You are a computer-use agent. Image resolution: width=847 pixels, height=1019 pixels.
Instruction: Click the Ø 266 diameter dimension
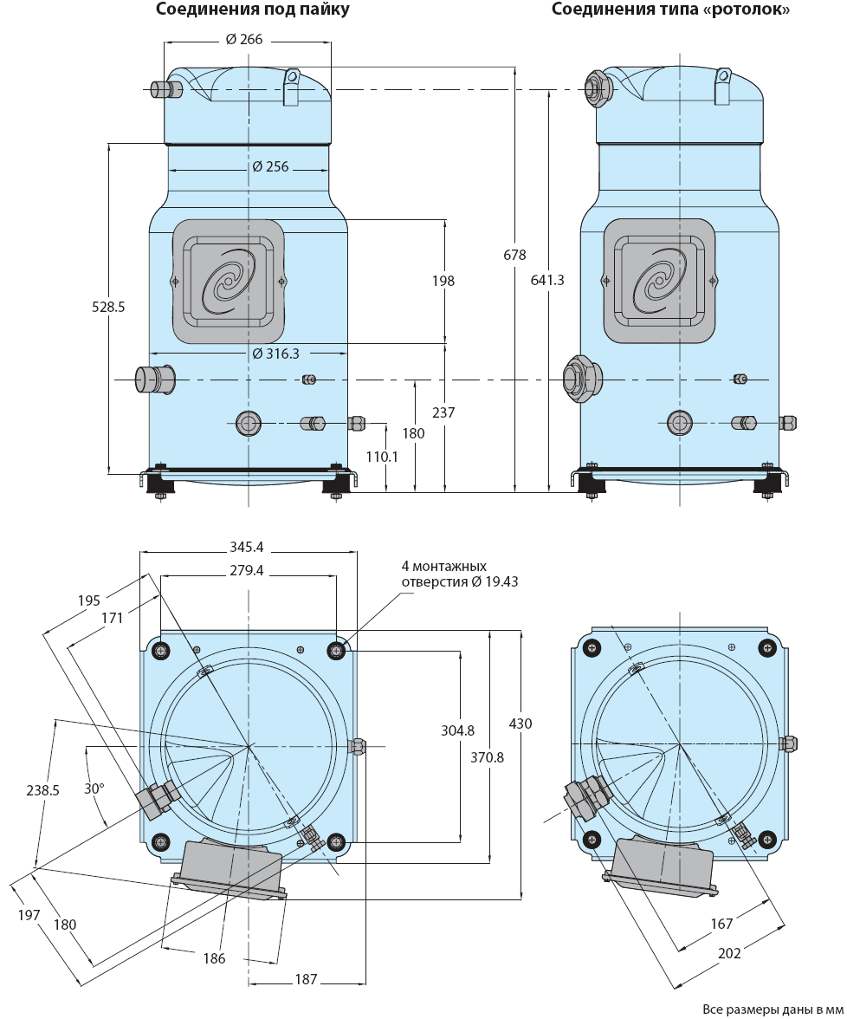[x=244, y=40]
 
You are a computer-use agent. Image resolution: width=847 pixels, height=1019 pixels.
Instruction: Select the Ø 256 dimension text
[x=270, y=167]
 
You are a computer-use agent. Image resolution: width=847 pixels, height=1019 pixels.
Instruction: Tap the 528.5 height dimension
[x=107, y=307]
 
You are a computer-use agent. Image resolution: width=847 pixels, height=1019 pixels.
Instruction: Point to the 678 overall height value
[x=514, y=255]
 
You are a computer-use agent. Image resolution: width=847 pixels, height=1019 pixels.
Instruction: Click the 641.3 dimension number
[x=547, y=280]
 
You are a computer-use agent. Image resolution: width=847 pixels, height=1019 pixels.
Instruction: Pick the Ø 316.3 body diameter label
[x=275, y=354]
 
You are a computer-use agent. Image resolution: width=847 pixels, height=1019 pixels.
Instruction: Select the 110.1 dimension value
[x=382, y=457]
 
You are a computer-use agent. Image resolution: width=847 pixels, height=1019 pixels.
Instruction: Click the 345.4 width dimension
[x=246, y=548]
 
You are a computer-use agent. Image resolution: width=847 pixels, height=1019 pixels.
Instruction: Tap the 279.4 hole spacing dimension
[x=246, y=570]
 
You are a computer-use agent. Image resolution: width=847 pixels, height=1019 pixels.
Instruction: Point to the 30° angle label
[x=94, y=789]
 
